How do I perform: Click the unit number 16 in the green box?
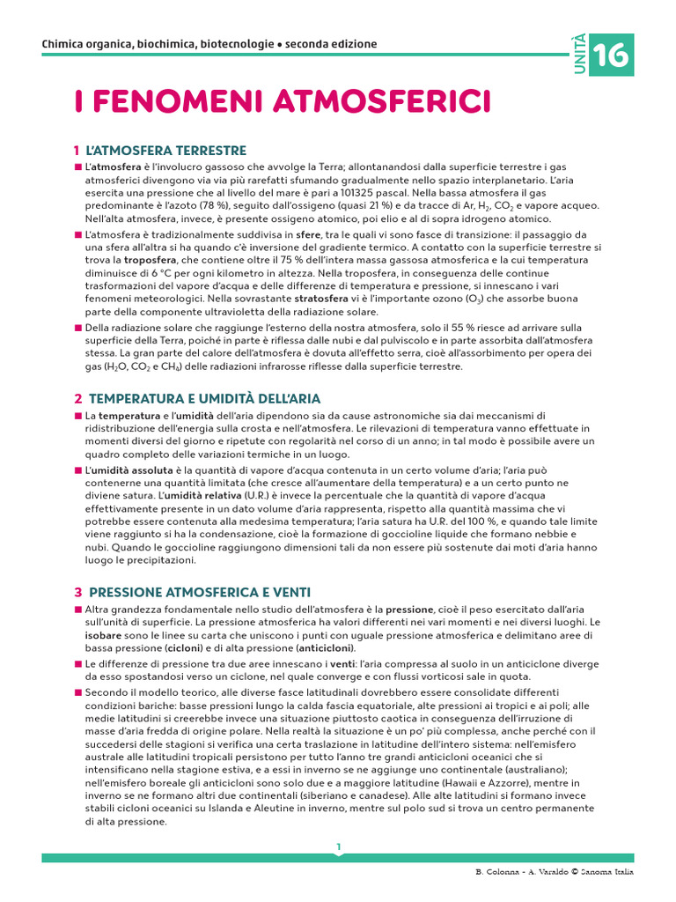[x=612, y=55]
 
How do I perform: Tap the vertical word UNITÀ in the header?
[x=577, y=54]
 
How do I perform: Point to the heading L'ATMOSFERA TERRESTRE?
[x=166, y=151]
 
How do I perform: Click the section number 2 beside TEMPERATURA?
[x=77, y=399]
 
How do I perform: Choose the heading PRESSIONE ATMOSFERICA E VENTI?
[x=200, y=592]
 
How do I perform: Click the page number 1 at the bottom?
[x=338, y=847]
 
